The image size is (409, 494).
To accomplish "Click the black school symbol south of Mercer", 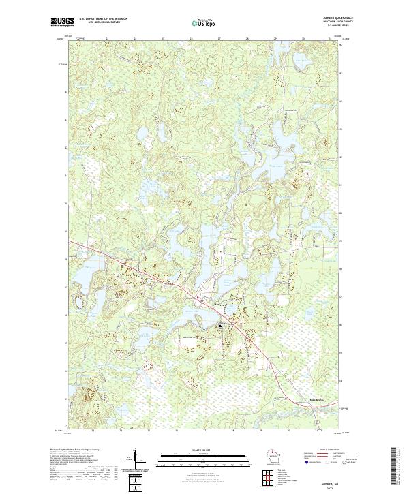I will tap(219, 327).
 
